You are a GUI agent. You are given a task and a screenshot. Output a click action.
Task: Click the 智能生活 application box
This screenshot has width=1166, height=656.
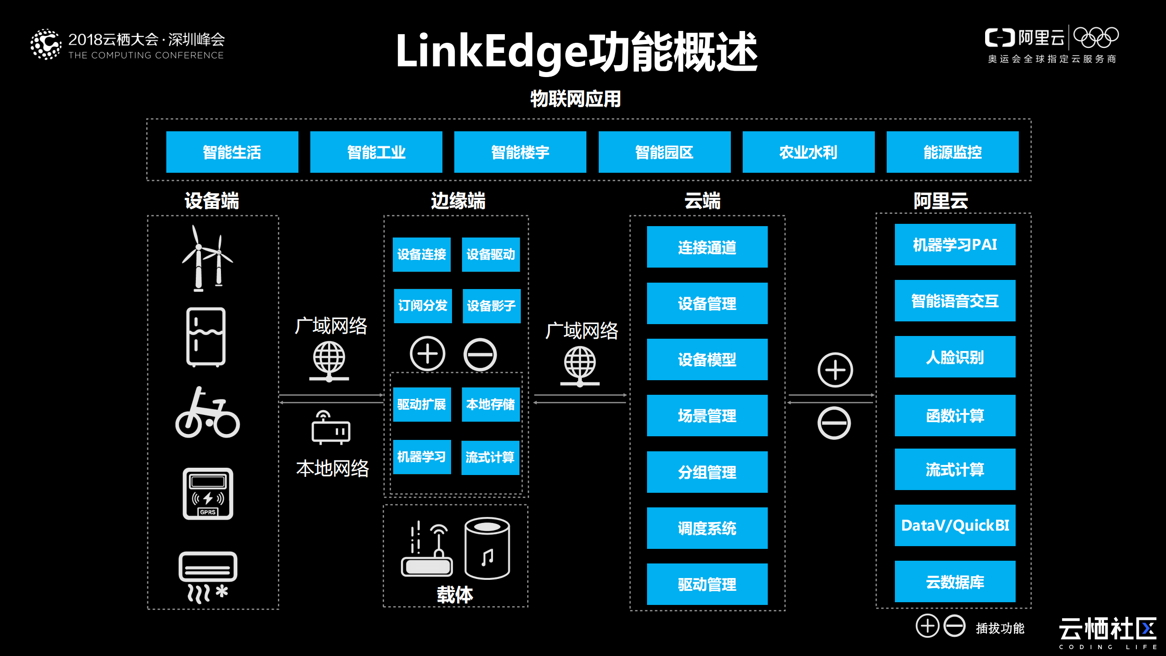click(x=232, y=152)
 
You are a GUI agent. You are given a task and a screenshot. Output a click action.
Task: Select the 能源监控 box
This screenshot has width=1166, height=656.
click(x=952, y=152)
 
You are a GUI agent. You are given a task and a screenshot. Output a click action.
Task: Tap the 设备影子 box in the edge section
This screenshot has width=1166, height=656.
click(x=491, y=305)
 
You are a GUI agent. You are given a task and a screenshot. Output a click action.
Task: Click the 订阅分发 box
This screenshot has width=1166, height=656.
click(x=422, y=305)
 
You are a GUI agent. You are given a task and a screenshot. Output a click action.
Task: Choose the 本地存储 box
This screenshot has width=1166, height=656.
click(x=490, y=404)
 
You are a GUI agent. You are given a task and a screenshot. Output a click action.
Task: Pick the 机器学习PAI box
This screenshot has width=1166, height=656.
click(x=955, y=244)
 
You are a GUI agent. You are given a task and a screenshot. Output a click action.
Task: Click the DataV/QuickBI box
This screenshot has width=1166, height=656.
click(x=955, y=525)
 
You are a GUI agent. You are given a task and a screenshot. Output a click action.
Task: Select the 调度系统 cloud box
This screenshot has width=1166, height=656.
click(x=707, y=528)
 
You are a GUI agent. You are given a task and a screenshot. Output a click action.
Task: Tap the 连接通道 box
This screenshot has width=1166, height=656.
click(x=707, y=247)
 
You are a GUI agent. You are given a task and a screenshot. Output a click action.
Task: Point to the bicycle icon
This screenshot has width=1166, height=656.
click(x=207, y=413)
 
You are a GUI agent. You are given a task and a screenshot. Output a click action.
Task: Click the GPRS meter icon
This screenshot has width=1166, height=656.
click(x=208, y=494)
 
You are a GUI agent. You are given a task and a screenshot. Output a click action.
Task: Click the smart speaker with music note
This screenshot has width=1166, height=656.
click(x=487, y=548)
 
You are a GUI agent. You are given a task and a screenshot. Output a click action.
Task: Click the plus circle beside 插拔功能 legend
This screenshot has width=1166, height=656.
click(x=927, y=626)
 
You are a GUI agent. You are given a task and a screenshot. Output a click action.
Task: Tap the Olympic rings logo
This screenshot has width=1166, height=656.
click(x=1096, y=37)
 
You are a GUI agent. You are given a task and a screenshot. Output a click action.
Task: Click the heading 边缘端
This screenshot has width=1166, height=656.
click(x=458, y=201)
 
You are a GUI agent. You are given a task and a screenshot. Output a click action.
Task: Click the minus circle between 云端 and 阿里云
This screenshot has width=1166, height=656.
click(x=834, y=423)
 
